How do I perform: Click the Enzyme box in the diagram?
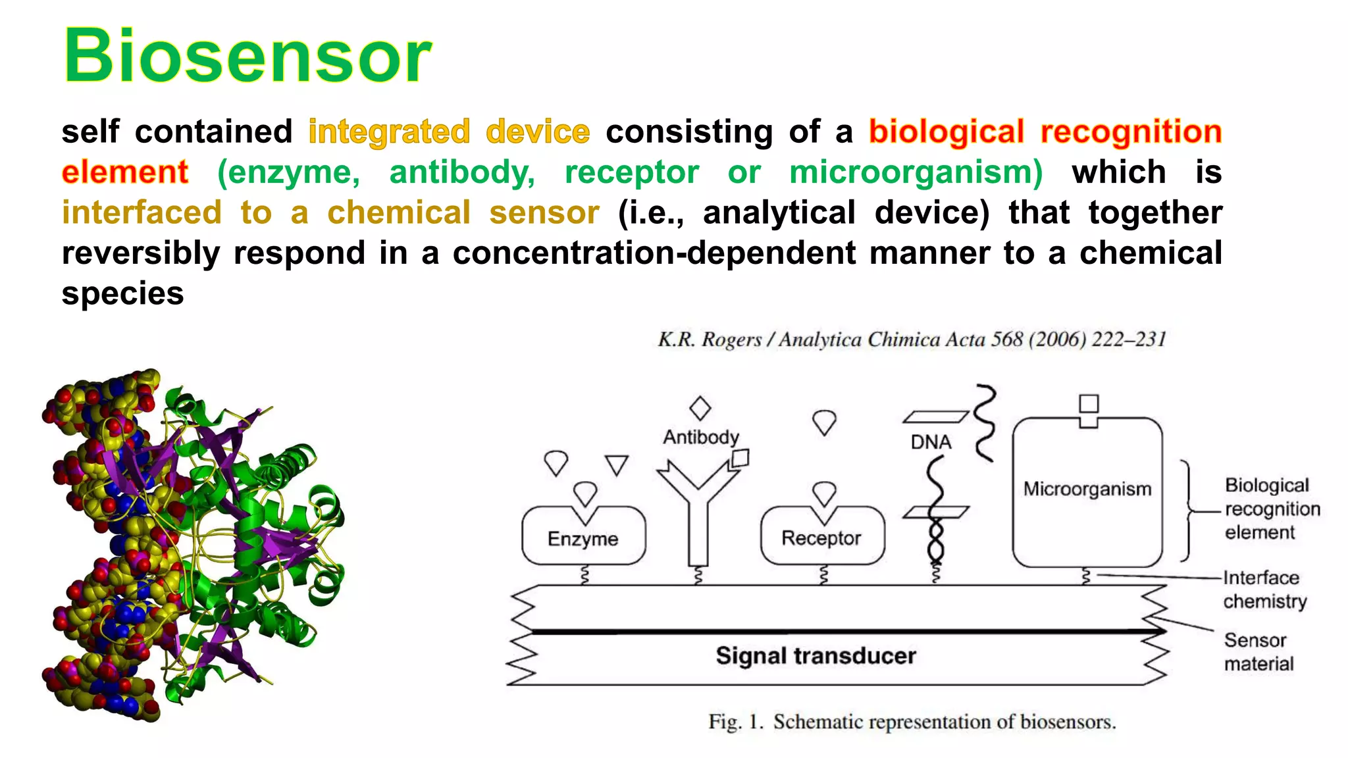point(583,538)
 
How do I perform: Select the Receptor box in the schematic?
point(821,538)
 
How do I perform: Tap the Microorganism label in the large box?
point(1087,489)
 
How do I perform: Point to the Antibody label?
point(700,437)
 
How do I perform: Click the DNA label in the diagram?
point(931,442)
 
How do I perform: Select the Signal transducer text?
point(816,656)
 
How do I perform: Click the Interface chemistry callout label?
point(1264,590)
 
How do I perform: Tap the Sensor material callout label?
point(1258,651)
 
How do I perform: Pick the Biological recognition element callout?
point(1272,509)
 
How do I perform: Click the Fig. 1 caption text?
point(912,722)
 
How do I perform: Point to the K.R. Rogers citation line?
point(912,340)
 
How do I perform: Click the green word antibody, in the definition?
point(462,172)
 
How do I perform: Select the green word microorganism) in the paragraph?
point(916,172)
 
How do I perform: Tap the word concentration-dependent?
point(654,253)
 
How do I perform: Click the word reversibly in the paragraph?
point(141,253)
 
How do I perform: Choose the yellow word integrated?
point(389,132)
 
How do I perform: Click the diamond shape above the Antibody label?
point(700,408)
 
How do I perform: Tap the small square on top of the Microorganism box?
point(1089,403)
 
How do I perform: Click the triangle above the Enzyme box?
point(617,465)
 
